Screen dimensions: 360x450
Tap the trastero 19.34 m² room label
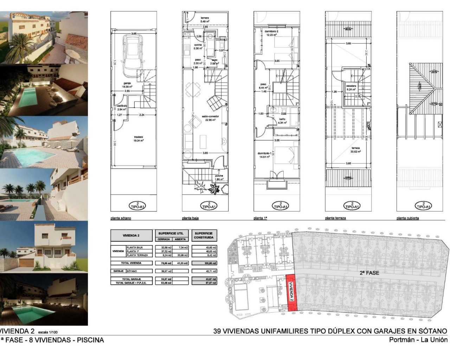pos(139,139)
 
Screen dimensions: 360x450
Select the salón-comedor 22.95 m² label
pos(210,118)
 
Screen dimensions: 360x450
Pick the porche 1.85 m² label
pos(219,178)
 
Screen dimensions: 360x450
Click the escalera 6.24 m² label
pos(351,88)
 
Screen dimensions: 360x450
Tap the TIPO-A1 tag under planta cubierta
pos(423,205)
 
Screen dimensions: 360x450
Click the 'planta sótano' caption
pos(121,218)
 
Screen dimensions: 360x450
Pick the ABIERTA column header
pos(180,239)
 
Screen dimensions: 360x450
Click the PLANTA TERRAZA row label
pos(139,255)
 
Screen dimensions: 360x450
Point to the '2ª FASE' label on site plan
pos(369,272)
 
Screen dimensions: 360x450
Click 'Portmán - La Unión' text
pos(418,340)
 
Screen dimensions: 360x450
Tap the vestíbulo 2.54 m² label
pos(122,108)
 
